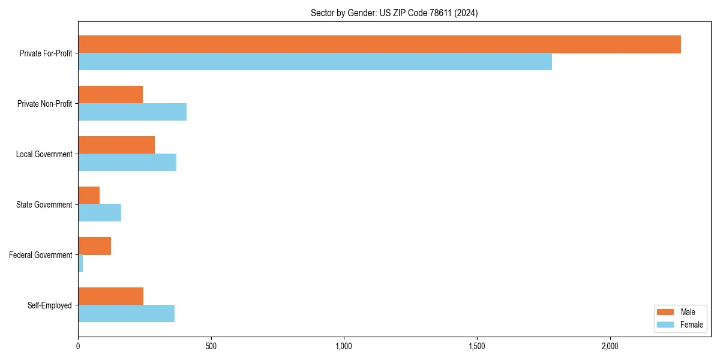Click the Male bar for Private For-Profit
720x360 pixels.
tap(379, 44)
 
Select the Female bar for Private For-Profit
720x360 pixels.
tap(315, 62)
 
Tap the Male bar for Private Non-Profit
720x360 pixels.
tap(110, 95)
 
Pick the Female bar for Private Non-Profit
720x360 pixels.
tap(132, 112)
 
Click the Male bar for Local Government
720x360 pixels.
tap(116, 145)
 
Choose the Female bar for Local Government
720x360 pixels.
tap(127, 163)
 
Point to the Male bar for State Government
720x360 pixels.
tap(89, 196)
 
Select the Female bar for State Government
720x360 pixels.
tap(100, 213)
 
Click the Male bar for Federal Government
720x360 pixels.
tap(94, 246)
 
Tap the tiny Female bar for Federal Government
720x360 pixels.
tap(80, 263)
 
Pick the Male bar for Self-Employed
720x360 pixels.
tap(110, 296)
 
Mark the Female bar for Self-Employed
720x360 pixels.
tap(126, 314)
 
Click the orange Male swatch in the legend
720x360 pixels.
tap(666, 312)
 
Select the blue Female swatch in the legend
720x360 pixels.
tap(666, 325)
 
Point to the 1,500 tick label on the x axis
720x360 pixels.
tap(477, 347)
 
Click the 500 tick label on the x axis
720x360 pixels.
tap(211, 347)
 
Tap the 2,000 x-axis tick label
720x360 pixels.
tap(610, 347)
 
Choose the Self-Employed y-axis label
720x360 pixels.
tap(50, 305)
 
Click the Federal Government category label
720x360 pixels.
tap(41, 255)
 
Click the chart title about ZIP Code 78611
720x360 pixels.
tap(394, 13)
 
